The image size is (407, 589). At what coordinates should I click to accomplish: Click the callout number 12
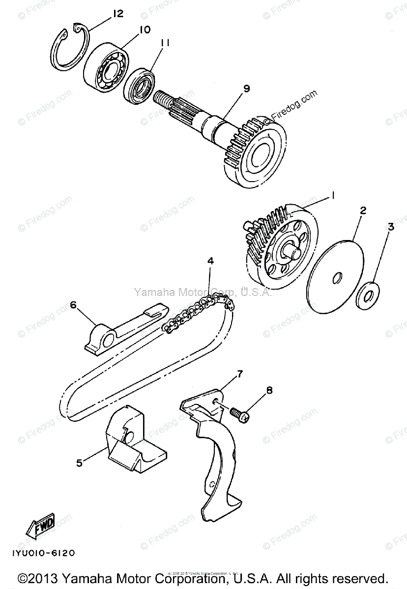(117, 14)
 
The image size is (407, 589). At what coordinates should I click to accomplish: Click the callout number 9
(245, 88)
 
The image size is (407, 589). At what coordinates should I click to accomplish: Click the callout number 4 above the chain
(210, 261)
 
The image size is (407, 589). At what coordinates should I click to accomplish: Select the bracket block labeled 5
(133, 442)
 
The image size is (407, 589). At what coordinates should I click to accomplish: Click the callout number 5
(79, 462)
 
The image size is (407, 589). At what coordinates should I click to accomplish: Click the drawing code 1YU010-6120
(42, 553)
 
